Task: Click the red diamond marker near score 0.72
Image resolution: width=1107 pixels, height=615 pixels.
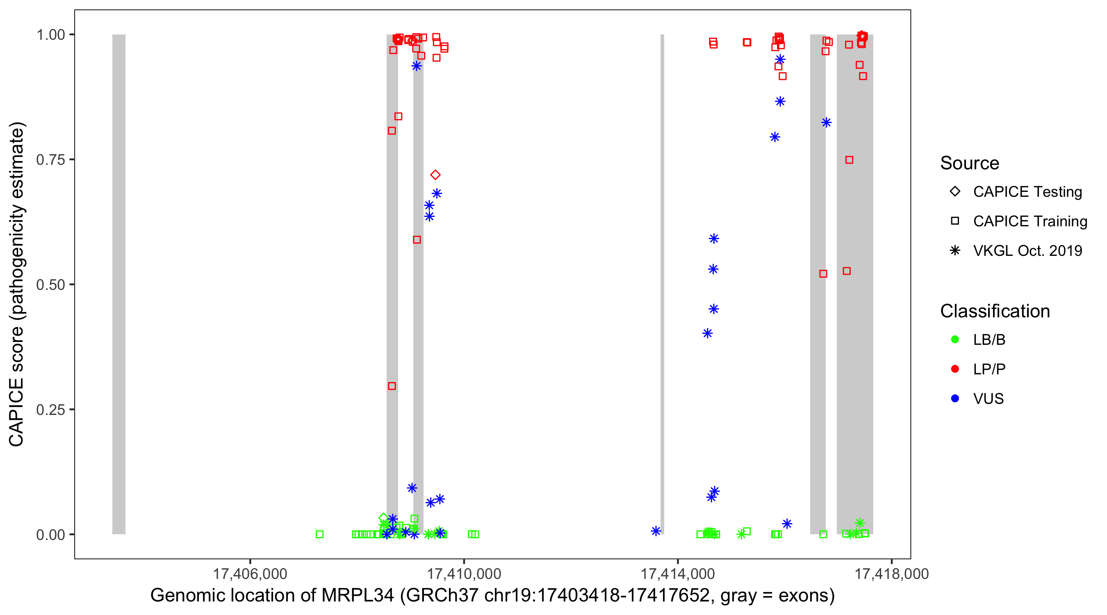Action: pos(435,175)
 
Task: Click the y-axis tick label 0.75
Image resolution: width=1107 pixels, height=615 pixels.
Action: pos(50,160)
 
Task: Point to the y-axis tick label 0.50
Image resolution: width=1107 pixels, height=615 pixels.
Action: pos(50,285)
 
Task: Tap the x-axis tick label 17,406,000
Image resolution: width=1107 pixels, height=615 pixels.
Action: pos(250,574)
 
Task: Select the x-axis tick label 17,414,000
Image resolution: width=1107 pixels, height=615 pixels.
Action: pos(678,574)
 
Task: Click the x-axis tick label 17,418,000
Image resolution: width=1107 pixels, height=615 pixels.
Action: pos(891,574)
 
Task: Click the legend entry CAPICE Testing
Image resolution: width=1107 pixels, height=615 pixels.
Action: pos(1027,192)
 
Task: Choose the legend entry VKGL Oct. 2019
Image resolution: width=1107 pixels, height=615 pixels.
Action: pos(1027,251)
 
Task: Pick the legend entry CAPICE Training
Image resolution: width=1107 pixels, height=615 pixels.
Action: pos(1030,221)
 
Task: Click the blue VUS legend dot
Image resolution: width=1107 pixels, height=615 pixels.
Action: pos(955,399)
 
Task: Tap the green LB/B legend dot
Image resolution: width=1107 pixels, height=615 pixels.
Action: pos(955,339)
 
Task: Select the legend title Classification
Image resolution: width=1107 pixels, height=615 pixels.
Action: pos(995,311)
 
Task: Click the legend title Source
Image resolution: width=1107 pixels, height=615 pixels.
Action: pos(970,163)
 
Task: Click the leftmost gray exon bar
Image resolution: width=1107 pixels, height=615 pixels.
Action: pos(119,284)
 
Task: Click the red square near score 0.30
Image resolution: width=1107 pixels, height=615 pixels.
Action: pos(392,386)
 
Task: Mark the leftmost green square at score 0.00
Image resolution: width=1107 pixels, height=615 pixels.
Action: pos(319,534)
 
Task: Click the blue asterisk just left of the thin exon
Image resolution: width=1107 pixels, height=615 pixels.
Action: pos(656,531)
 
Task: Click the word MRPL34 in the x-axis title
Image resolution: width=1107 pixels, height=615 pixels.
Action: pos(358,596)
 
